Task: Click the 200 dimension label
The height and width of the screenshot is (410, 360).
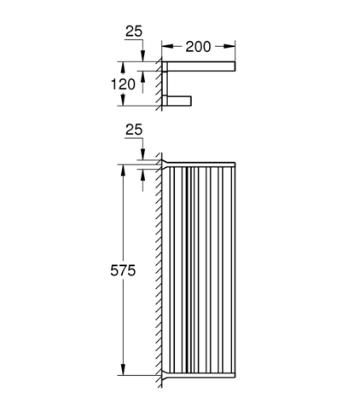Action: pyautogui.click(x=198, y=47)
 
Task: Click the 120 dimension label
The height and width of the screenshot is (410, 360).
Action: pyautogui.click(x=123, y=84)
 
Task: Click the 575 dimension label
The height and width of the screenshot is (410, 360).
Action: pyautogui.click(x=123, y=270)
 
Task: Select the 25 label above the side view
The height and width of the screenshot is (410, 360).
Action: pyautogui.click(x=134, y=32)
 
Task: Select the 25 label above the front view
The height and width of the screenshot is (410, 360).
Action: pyautogui.click(x=134, y=130)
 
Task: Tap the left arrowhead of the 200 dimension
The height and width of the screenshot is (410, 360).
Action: pyautogui.click(x=168, y=46)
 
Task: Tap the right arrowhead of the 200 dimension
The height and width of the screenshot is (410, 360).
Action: pyautogui.click(x=229, y=46)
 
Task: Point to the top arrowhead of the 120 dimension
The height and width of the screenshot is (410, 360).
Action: pyautogui.click(x=123, y=67)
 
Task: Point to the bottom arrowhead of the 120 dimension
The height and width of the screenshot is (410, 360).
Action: pyautogui.click(x=123, y=100)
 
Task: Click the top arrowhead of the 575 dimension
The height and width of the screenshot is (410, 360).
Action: pyautogui.click(x=123, y=170)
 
